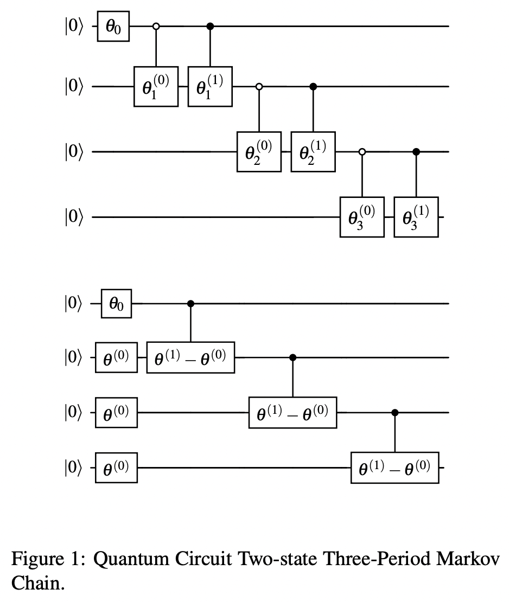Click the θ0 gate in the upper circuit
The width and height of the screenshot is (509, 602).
[113, 27]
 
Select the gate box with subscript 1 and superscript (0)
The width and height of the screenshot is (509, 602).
[156, 87]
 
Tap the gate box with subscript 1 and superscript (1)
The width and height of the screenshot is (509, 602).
[210, 87]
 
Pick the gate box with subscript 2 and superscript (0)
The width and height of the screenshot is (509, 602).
[259, 152]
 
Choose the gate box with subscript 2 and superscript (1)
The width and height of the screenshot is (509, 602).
[313, 152]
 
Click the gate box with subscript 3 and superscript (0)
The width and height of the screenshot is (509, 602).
[362, 217]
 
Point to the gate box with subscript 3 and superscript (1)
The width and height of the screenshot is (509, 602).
[416, 217]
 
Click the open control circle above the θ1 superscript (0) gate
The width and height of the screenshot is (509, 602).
[156, 26]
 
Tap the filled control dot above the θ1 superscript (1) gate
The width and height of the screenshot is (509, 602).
[211, 26]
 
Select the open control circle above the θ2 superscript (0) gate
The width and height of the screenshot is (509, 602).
[259, 86]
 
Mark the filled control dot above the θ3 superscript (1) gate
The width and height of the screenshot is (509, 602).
[416, 152]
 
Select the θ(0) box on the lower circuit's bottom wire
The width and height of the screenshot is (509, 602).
[116, 467]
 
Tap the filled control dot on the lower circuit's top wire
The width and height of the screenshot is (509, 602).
[190, 304]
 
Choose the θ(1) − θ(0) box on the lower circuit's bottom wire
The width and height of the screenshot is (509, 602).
[395, 467]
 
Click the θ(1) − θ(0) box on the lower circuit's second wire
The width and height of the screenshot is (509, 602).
[190, 358]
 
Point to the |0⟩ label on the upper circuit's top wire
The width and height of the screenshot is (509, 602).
[72, 27]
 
